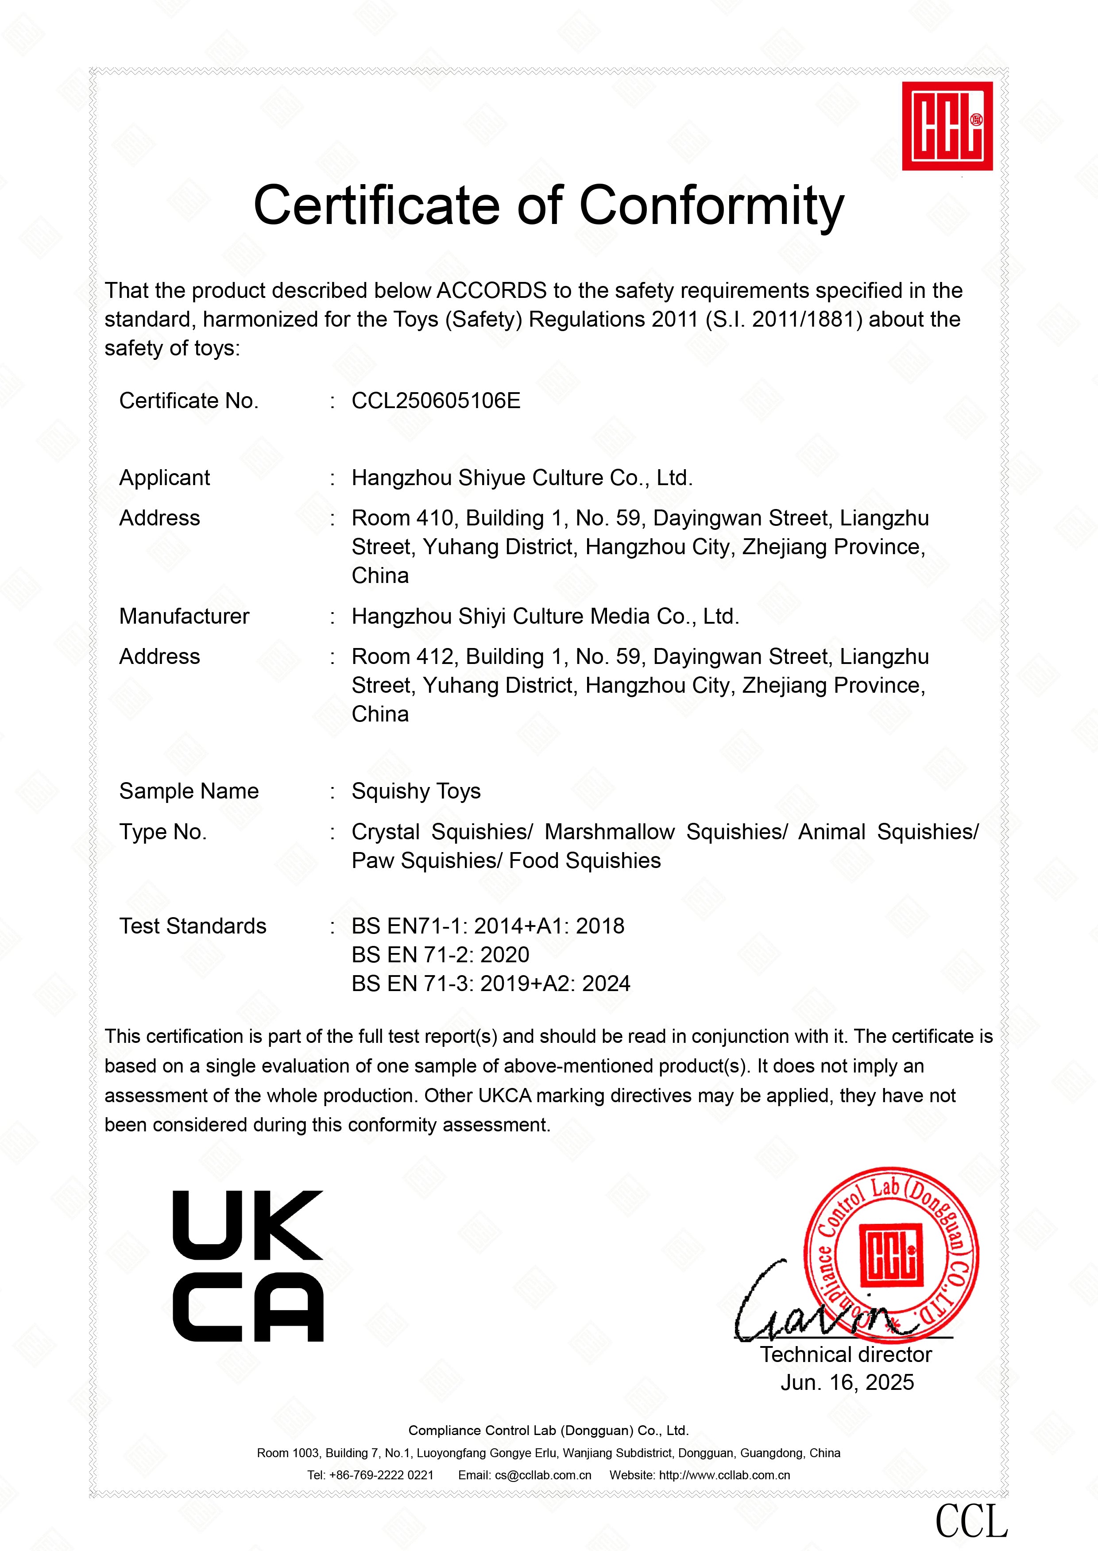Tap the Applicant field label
[164, 478]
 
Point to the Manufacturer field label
[184, 616]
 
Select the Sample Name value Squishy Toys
[416, 791]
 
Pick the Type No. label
[163, 832]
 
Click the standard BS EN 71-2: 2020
[440, 955]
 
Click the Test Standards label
[193, 926]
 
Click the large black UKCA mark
[248, 1266]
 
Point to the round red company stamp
[891, 1255]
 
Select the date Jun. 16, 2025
[847, 1383]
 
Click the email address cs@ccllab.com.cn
[543, 1475]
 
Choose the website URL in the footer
[724, 1475]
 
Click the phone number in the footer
[381, 1475]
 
